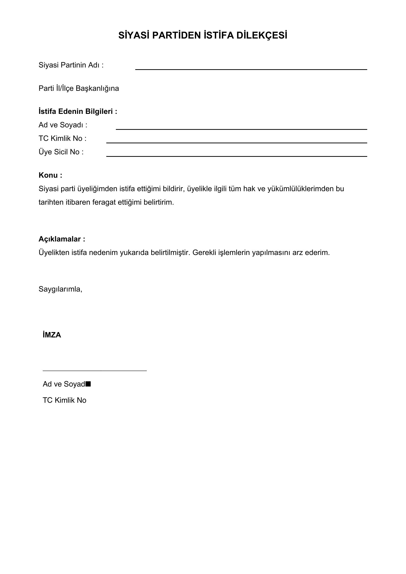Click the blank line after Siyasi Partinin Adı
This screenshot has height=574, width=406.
251,69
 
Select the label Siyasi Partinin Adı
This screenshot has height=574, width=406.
71,65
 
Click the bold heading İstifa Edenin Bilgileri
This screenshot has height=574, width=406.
78,111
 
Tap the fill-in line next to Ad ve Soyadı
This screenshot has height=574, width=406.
241,129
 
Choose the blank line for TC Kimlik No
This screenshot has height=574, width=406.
236,143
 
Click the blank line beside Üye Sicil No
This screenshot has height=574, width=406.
236,156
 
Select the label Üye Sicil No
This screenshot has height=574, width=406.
61,152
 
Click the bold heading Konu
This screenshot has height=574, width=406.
50,175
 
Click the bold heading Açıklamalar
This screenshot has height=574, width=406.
62,239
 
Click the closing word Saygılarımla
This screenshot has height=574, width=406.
60,289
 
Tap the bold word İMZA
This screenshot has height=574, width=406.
52,335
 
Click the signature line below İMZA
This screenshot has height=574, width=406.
95,371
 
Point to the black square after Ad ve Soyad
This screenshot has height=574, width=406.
88,384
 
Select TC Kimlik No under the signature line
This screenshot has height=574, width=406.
65,400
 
